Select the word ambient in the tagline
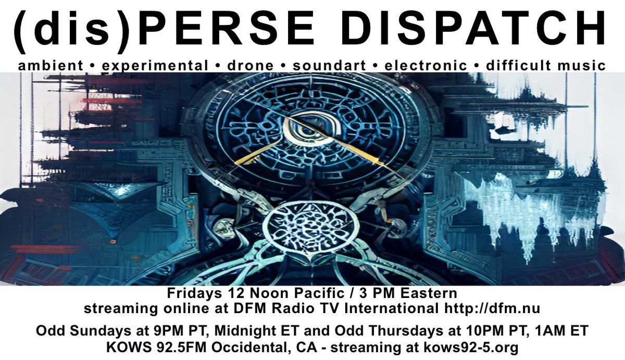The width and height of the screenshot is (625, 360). click(x=50, y=66)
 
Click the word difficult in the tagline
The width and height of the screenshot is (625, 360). click(x=517, y=66)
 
